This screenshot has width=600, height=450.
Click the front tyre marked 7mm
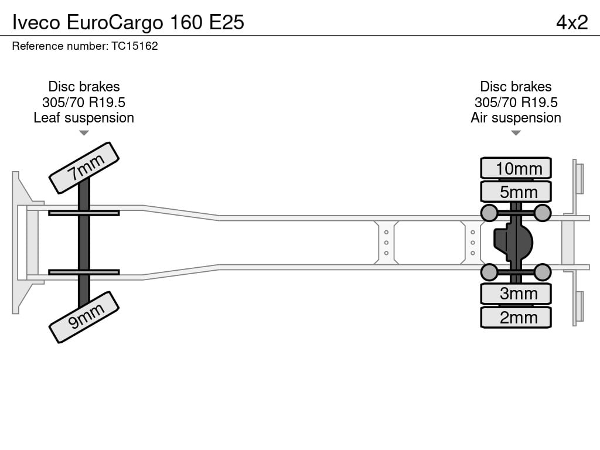pyautogui.click(x=84, y=168)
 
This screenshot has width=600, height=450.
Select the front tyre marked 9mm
pyautogui.click(x=84, y=317)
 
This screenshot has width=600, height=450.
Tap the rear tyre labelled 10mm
pyautogui.click(x=516, y=168)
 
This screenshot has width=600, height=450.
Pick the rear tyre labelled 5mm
pyautogui.click(x=516, y=192)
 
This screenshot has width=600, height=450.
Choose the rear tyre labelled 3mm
pyautogui.click(x=516, y=294)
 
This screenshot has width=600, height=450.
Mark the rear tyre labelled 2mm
pyautogui.click(x=516, y=317)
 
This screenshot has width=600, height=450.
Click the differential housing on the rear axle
pyautogui.click(x=513, y=243)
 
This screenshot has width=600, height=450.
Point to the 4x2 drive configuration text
pyautogui.click(x=572, y=23)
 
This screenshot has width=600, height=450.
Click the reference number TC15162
pyautogui.click(x=135, y=46)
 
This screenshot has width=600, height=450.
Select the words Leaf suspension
pyautogui.click(x=84, y=118)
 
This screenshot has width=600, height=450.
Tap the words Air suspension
pyautogui.click(x=516, y=118)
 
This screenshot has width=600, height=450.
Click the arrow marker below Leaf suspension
pyautogui.click(x=84, y=133)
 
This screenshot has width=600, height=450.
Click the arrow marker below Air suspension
pyautogui.click(x=516, y=133)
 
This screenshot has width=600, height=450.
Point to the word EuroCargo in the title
pyautogui.click(x=115, y=23)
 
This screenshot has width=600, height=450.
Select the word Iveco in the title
pyautogui.click(x=36, y=23)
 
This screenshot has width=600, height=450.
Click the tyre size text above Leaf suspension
pyautogui.click(x=84, y=103)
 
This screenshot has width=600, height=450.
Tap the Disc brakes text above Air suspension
pyautogui.click(x=516, y=87)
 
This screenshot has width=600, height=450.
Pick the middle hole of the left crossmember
pyautogui.click(x=386, y=243)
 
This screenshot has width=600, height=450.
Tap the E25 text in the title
pyautogui.click(x=227, y=23)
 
